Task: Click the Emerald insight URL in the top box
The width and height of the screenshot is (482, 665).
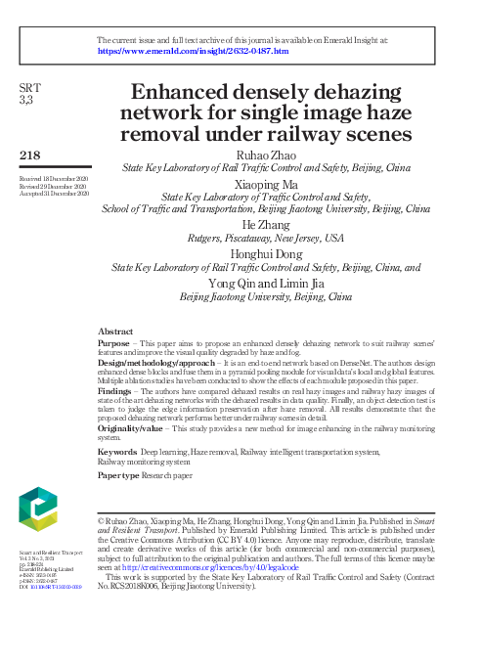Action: coord(193,51)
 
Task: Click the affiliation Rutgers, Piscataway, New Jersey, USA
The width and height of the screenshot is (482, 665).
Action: coord(266,238)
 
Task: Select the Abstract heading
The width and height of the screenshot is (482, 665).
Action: coord(116,332)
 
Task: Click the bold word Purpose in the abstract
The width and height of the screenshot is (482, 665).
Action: coord(113,345)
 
